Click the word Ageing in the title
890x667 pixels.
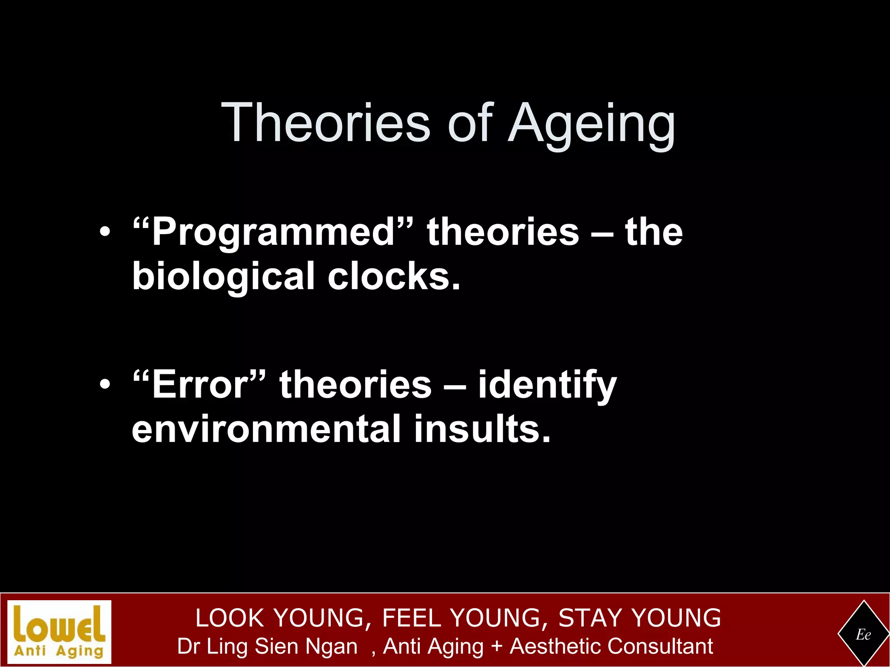tap(591, 124)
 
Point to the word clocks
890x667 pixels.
tap(393, 277)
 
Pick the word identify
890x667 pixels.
tap(547, 385)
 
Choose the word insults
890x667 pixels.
tap(482, 429)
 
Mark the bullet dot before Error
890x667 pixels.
tap(105, 385)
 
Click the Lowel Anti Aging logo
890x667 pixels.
tap(59, 632)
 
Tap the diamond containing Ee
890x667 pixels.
tap(863, 634)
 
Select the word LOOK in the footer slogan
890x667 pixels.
tap(229, 617)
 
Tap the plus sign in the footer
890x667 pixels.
tap(496, 647)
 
